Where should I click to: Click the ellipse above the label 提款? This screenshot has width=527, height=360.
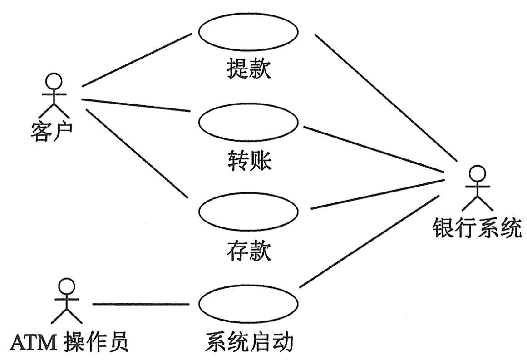[x=248, y=32]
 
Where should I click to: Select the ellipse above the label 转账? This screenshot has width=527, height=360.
[x=248, y=122]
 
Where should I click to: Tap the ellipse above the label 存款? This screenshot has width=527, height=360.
[x=248, y=212]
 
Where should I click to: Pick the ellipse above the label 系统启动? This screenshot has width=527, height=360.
[x=248, y=303]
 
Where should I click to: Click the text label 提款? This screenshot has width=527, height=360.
[x=248, y=69]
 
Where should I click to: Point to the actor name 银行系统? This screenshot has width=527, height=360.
[x=476, y=228]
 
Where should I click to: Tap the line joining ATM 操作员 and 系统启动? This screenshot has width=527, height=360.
[x=141, y=304]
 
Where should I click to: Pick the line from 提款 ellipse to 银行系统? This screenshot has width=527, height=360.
[x=386, y=98]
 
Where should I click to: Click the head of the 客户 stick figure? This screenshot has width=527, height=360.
[x=54, y=81]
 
